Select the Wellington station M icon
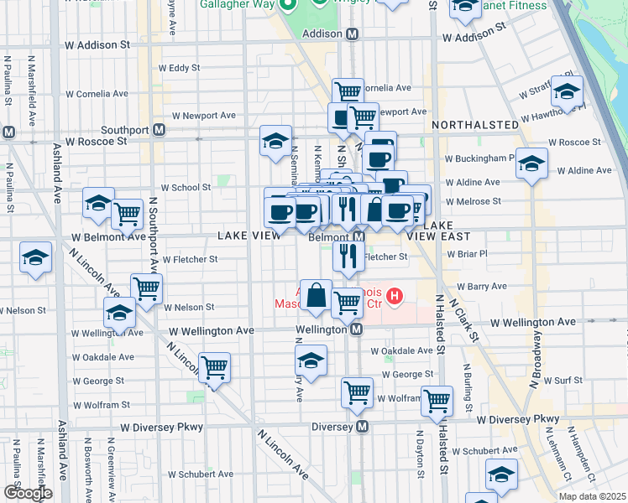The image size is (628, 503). tap(356, 329)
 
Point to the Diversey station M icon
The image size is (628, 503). tap(363, 427)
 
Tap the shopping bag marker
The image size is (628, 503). tap(315, 297)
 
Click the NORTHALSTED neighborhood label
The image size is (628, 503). tap(475, 125)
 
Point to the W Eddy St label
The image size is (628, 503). tap(180, 68)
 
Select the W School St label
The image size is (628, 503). tap(186, 188)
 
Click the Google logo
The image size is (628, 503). tap(28, 493)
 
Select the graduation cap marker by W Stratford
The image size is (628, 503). tap(568, 92)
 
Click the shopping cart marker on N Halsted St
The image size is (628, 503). tap(437, 402)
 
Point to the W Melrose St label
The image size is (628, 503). tap(474, 201)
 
